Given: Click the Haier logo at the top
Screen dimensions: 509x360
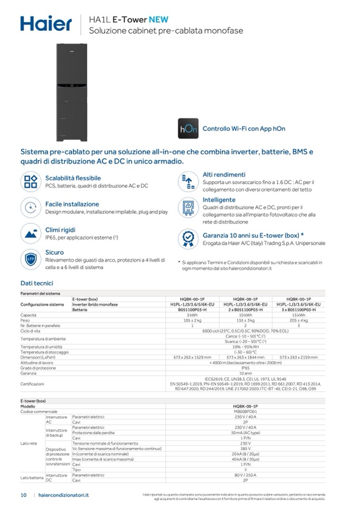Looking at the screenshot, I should [x=46, y=23].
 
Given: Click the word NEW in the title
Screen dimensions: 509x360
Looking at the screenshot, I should [x=159, y=19].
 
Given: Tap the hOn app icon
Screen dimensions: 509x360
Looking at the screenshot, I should [x=188, y=128].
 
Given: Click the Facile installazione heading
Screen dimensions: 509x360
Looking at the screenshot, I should [x=72, y=204].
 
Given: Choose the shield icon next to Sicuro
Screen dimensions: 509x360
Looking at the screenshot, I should [x=31, y=259].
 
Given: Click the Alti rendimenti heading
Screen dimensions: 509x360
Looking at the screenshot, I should [x=224, y=175].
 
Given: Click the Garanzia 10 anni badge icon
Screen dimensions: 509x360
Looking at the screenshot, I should [x=188, y=238].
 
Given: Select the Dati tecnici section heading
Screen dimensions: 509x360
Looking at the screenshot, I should [x=37, y=283].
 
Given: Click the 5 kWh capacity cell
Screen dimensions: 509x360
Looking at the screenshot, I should [x=192, y=315].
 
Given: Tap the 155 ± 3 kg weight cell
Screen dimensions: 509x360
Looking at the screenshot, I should [x=245, y=321].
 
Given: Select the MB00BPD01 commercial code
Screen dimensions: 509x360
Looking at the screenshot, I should [x=245, y=411].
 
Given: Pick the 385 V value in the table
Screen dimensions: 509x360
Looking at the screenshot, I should [x=245, y=449].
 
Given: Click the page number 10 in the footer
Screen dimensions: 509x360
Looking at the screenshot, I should [x=23, y=495].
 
